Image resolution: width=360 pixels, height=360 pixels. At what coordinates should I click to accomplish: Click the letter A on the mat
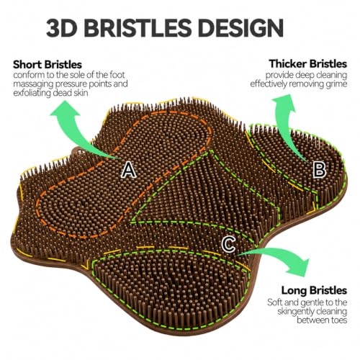[129, 170]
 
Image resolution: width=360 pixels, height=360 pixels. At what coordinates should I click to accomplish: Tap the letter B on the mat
[320, 169]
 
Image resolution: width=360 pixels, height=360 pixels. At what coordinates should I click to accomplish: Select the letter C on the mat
[228, 244]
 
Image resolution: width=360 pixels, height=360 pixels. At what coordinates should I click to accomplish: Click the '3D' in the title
[62, 28]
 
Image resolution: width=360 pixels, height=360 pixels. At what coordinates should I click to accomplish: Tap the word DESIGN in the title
[240, 28]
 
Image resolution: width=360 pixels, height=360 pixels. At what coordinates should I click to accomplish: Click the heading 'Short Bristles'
[48, 65]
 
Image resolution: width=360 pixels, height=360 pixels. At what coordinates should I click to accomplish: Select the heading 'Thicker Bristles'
[308, 64]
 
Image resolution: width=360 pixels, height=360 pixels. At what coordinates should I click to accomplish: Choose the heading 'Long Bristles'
[314, 290]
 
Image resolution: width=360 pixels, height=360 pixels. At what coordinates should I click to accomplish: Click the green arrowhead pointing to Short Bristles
[64, 111]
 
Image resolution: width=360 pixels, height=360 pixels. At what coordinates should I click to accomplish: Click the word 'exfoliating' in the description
[32, 93]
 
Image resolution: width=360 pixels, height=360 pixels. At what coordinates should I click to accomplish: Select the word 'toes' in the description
[338, 320]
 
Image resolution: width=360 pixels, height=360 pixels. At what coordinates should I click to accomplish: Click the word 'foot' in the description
[117, 75]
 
